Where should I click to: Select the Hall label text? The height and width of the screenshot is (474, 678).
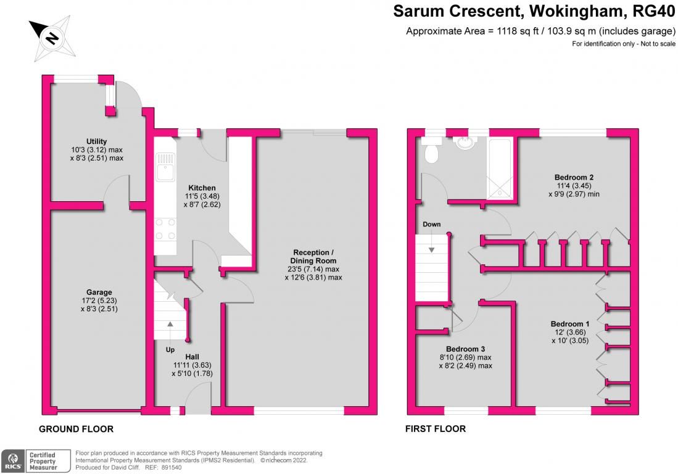(x=192, y=357)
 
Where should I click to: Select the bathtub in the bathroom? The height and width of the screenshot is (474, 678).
(x=501, y=167)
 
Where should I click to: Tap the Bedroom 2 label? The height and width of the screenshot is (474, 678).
(x=574, y=177)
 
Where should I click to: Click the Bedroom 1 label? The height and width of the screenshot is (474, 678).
(x=570, y=324)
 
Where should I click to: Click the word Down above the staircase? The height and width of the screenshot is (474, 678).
(x=432, y=224)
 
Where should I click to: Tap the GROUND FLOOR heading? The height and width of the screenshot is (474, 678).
(x=76, y=429)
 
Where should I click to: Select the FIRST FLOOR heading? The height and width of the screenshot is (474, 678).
(x=435, y=429)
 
